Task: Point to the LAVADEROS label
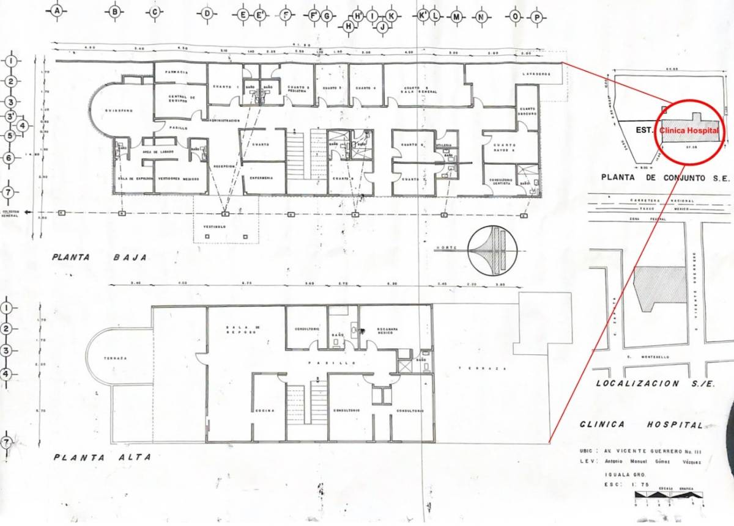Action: tap(537, 74)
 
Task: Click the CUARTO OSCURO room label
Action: tap(527, 111)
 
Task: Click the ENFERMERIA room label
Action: tap(261, 178)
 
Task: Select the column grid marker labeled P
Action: tap(537, 18)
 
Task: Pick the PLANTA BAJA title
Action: tap(100, 258)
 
